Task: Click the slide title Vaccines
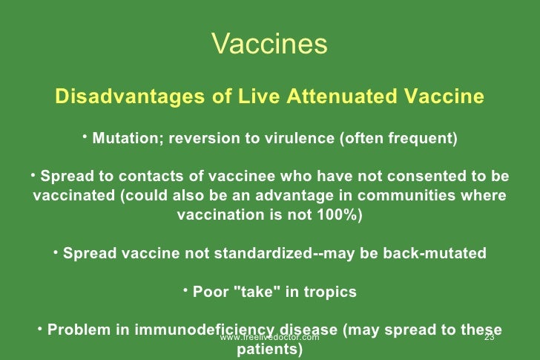coord(269,44)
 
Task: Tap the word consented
coord(418,177)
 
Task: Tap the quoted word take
coord(254,292)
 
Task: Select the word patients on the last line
coord(269,349)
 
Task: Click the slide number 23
coord(489,338)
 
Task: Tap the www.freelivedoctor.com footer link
coord(269,338)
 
